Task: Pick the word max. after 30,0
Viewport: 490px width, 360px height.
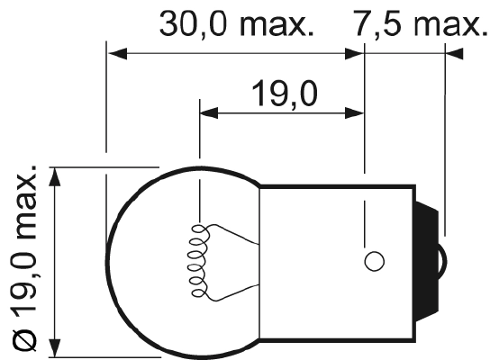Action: click(x=279, y=24)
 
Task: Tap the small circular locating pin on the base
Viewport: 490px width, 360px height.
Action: click(x=374, y=261)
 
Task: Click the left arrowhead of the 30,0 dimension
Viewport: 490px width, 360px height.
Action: click(x=115, y=54)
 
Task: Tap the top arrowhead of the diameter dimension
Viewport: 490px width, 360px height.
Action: click(x=57, y=176)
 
